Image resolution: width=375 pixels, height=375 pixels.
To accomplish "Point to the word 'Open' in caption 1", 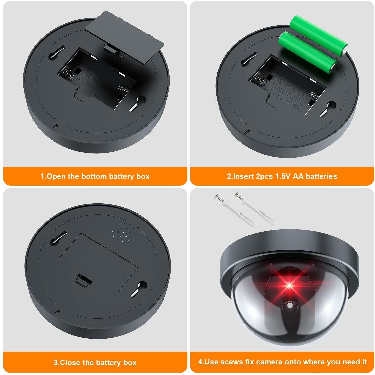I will pos(57,176).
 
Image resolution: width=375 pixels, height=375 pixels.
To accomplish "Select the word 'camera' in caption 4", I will pos(270,362).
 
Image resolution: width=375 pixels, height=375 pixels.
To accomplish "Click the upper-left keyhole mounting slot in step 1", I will pos(57,52).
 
